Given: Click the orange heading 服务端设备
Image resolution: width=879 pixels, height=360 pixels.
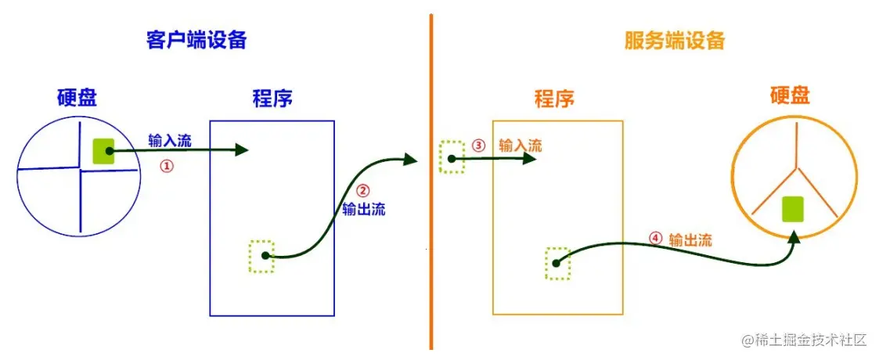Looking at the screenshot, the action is click(x=675, y=41).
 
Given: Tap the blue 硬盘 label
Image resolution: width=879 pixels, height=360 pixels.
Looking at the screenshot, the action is click(x=77, y=98).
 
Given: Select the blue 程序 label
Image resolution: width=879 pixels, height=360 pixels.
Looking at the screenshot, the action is click(x=272, y=99).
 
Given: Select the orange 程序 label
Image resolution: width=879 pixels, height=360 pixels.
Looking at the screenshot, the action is click(x=554, y=99).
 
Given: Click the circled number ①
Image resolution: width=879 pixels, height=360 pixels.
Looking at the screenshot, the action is click(x=166, y=166).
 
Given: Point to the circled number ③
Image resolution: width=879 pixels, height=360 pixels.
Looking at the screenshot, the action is click(x=479, y=146).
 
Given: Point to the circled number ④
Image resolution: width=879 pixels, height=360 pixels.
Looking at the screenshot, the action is click(x=656, y=239).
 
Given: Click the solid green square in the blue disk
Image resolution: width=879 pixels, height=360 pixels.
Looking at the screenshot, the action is click(x=103, y=151).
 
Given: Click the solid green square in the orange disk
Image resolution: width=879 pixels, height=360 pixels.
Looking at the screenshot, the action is click(x=794, y=209).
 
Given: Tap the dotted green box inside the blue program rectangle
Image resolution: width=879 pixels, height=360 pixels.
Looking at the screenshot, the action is click(x=262, y=256).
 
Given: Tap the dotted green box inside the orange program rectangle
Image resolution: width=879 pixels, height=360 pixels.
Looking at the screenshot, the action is click(x=557, y=263).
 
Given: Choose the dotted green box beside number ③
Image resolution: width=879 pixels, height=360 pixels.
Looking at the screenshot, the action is click(x=452, y=157).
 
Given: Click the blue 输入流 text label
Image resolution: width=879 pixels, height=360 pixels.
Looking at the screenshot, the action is click(x=169, y=141).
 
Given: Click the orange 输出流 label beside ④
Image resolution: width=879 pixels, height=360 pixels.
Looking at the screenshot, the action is click(x=690, y=239).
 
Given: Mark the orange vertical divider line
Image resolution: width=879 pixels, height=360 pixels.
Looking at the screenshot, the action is click(x=430, y=180).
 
